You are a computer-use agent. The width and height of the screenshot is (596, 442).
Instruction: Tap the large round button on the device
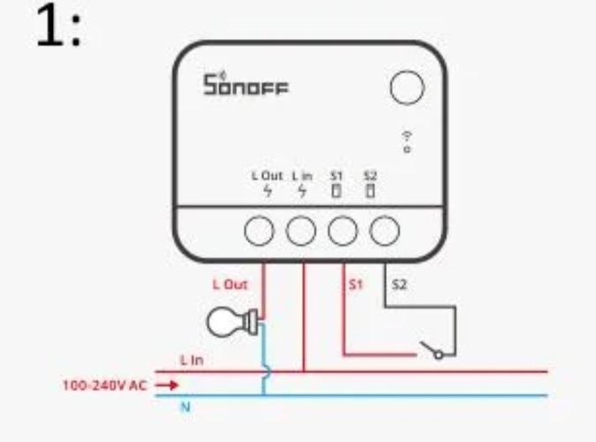[407, 88]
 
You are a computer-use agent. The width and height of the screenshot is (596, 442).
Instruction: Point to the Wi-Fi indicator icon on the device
[407, 142]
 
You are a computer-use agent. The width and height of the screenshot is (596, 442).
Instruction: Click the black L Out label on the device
[268, 176]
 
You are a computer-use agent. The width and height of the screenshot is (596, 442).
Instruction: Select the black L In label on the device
[302, 176]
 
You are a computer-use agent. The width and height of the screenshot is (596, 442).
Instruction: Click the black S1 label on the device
[336, 176]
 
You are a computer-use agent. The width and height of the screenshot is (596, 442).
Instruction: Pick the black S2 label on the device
[370, 176]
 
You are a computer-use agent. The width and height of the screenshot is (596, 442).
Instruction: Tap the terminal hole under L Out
[259, 231]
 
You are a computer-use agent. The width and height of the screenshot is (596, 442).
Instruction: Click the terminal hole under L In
[301, 231]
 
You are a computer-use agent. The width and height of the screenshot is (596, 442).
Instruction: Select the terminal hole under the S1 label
[343, 231]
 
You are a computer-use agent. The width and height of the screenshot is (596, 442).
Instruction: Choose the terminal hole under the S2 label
[384, 231]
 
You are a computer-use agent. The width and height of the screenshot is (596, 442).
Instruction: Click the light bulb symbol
[232, 322]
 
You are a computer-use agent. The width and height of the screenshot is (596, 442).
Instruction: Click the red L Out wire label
[230, 285]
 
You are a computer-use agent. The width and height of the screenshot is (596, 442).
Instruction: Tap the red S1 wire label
[356, 285]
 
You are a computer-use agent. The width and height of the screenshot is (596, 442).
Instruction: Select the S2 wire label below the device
[399, 285]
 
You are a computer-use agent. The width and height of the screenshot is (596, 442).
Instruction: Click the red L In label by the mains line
[192, 360]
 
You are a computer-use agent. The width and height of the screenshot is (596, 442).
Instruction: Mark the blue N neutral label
[185, 408]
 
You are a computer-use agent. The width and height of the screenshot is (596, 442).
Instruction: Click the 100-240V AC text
[104, 385]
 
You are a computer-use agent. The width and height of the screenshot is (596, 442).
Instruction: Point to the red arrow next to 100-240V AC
[167, 385]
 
